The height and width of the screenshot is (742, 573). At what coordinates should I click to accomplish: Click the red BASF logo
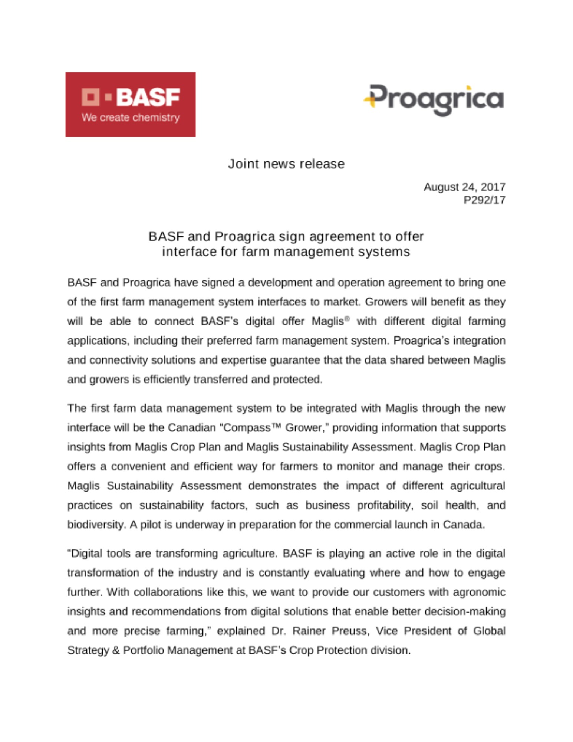130,104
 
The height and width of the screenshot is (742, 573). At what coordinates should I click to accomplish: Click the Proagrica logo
433,99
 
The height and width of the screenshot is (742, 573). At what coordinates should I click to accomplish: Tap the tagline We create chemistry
131,118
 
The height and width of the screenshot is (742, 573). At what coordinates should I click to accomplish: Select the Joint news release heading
286,164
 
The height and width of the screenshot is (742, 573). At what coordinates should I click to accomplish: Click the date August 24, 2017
464,187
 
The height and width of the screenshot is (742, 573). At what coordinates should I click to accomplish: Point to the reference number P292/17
484,200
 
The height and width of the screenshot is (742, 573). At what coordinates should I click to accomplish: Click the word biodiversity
96,525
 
